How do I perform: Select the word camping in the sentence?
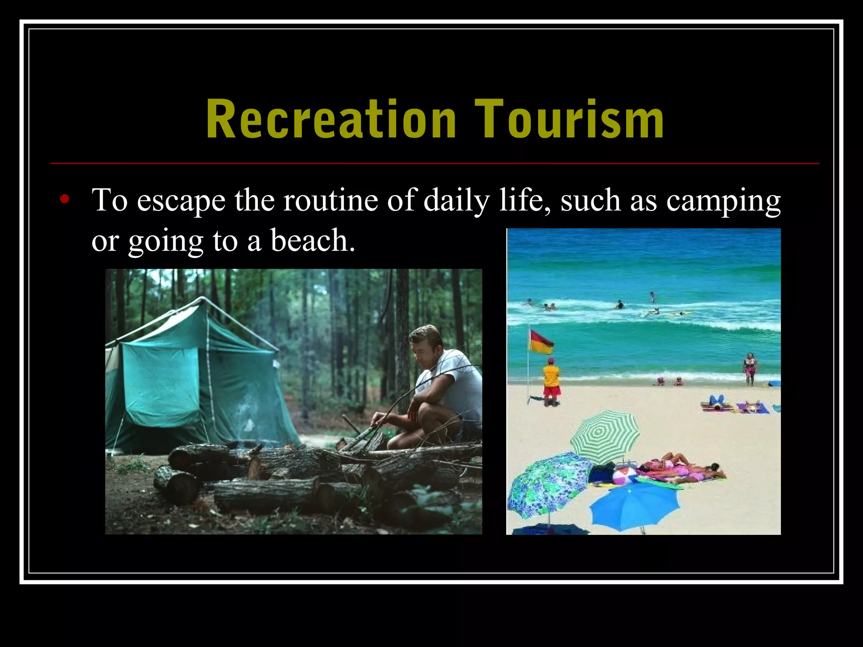[x=723, y=201]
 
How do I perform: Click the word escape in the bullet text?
[x=181, y=201]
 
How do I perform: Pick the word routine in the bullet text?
[x=330, y=201]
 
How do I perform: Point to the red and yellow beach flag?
[x=541, y=342]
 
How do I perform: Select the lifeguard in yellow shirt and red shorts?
[x=551, y=381]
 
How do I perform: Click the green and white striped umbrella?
[x=605, y=436]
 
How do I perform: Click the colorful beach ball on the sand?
[x=622, y=476]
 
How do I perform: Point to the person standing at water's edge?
[x=750, y=369]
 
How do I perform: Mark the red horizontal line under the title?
[x=434, y=163]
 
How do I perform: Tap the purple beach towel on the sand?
[x=753, y=408]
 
